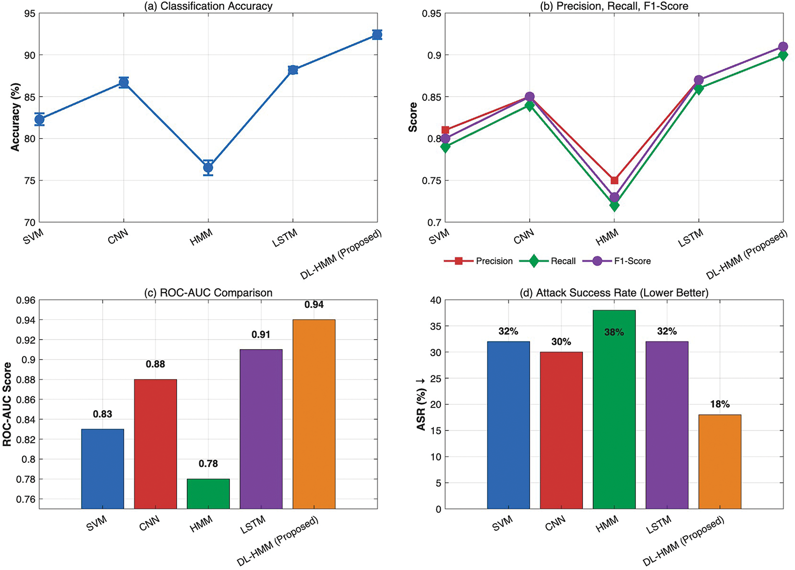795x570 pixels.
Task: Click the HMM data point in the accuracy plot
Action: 208,168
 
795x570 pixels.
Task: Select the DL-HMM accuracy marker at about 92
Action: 377,35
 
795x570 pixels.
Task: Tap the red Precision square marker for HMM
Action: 614,180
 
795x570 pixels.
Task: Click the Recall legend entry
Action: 548,261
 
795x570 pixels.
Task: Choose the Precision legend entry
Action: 478,261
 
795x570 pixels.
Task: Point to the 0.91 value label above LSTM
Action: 261,335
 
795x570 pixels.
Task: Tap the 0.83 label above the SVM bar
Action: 103,414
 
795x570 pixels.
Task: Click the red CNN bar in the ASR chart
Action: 561,430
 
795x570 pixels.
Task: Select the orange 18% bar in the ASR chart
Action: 720,462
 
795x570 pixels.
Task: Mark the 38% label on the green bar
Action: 614,333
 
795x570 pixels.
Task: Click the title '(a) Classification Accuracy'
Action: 208,6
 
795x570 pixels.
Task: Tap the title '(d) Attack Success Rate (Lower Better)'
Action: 614,293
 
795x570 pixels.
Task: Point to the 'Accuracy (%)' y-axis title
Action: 15,117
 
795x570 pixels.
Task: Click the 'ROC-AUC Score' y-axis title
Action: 7,404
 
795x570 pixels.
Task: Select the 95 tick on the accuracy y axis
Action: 30,13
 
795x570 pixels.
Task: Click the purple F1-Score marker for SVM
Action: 445,139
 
